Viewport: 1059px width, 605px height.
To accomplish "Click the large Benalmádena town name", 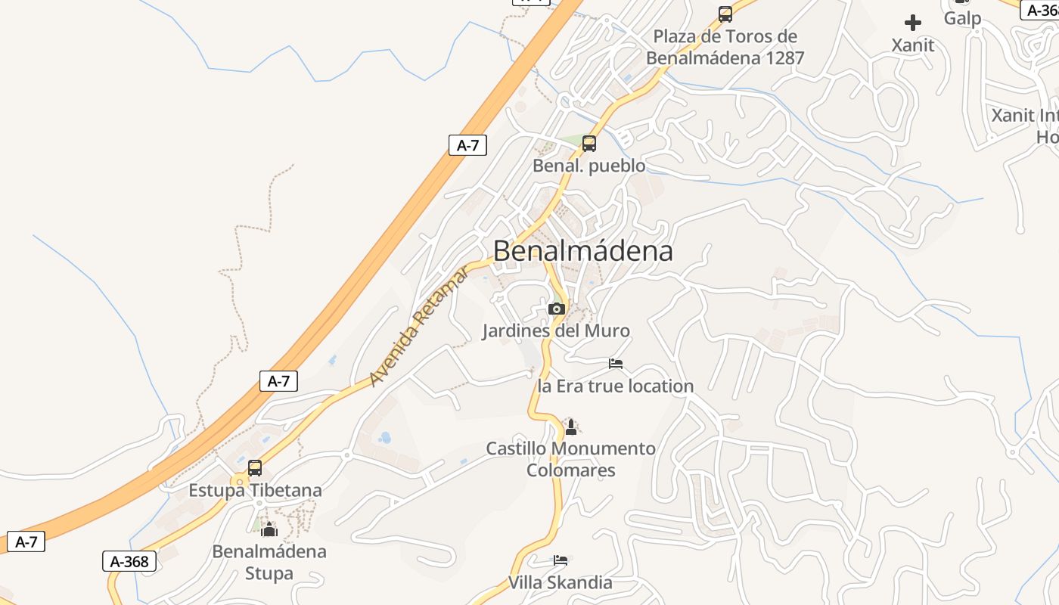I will [582, 250].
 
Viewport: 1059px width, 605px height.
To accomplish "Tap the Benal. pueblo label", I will [589, 166].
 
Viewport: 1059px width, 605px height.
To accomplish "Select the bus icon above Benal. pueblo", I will [589, 143].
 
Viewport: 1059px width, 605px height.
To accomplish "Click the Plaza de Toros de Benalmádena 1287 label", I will [725, 47].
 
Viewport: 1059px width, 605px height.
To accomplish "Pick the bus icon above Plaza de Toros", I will [725, 14].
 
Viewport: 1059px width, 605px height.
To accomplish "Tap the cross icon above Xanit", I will [913, 23].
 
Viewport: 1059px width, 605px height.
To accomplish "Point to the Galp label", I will [962, 18].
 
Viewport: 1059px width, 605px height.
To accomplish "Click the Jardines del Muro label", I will [556, 330].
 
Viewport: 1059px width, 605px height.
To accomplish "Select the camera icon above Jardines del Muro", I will [557, 309].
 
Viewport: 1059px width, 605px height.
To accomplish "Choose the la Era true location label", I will [615, 386].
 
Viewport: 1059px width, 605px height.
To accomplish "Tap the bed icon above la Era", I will [616, 364].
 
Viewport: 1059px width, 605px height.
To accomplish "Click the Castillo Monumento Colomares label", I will [570, 459].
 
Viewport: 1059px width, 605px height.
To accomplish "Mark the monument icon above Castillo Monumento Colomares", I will [571, 427].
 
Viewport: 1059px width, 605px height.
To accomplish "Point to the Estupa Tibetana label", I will [255, 490].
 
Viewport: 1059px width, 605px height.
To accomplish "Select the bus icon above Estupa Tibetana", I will [255, 467].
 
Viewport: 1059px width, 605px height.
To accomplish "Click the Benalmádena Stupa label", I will [269, 562].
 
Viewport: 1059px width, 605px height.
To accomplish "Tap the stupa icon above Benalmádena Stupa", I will [269, 529].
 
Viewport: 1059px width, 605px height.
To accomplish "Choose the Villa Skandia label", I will [560, 582].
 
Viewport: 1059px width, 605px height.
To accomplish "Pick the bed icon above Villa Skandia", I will [560, 560].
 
